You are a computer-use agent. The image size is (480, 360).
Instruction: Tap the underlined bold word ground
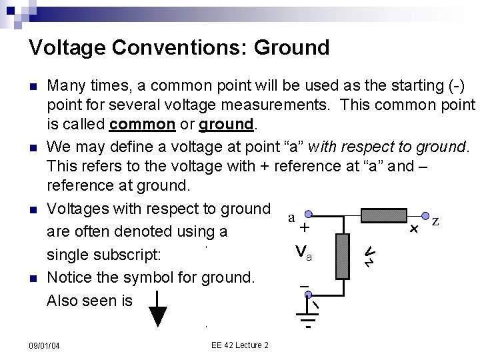(x=227, y=125)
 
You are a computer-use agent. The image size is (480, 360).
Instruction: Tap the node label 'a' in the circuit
(x=291, y=217)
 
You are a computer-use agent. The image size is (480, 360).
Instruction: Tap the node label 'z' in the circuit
(x=435, y=221)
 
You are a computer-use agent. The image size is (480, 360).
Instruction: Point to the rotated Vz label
(x=370, y=255)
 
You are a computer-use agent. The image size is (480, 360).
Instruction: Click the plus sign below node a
(x=304, y=228)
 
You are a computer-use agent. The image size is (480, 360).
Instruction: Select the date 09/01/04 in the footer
(x=44, y=345)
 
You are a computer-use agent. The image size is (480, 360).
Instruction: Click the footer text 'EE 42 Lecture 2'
(x=239, y=345)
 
